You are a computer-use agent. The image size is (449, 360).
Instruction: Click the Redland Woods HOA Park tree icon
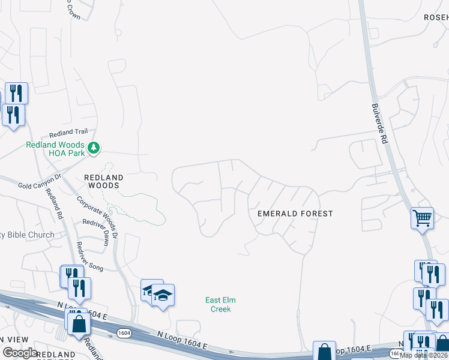[93, 148]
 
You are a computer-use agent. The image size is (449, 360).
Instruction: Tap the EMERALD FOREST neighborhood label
[295, 214]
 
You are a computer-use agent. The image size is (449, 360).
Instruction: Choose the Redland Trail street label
[68, 132]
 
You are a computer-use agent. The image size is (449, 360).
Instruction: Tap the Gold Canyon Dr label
[40, 182]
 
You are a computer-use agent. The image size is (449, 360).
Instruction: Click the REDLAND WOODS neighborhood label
[103, 182]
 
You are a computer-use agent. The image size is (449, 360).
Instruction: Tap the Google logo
[20, 353]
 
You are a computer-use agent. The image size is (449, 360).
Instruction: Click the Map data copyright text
[424, 355]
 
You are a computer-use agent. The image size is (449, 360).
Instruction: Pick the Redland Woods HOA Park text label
[55, 149]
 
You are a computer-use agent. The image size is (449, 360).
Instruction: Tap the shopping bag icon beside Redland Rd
[79, 324]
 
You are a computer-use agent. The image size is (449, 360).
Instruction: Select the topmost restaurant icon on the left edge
[16, 93]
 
